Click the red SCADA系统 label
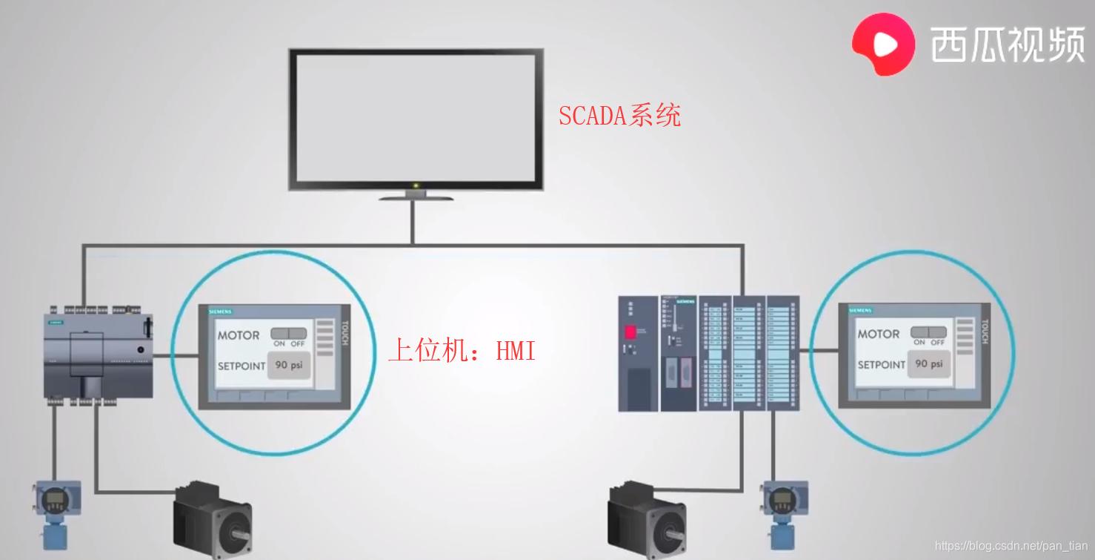click(x=619, y=115)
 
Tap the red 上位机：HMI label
click(x=462, y=349)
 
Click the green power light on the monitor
click(x=416, y=185)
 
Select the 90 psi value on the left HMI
click(x=288, y=365)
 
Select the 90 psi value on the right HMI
click(x=928, y=364)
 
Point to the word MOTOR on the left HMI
click(x=239, y=335)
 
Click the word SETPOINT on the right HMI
click(x=881, y=365)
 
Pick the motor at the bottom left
click(x=212, y=519)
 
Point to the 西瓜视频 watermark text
click(x=1008, y=45)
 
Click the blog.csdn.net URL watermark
click(x=1011, y=547)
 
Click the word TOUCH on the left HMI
click(x=344, y=334)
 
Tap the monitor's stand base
click(x=416, y=198)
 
